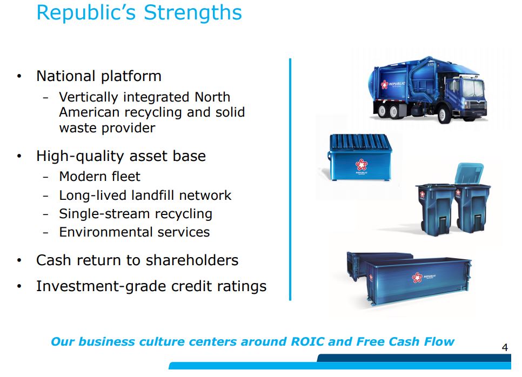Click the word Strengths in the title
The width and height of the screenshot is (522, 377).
[193, 14]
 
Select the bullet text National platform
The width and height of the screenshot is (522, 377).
[99, 76]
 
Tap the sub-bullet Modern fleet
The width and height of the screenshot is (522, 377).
[99, 177]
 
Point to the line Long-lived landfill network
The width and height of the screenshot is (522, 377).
[145, 196]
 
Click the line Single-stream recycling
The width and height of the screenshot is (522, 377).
[136, 214]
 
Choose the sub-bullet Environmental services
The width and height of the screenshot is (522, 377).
[135, 232]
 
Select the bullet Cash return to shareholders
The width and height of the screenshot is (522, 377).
[137, 260]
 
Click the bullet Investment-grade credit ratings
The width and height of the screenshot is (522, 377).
[151, 286]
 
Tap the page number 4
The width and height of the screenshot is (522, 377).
[505, 348]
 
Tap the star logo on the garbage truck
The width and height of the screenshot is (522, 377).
[385, 84]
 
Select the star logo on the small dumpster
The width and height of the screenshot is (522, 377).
[361, 165]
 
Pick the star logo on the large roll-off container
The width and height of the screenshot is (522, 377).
[417, 277]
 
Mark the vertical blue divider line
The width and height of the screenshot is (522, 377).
[290, 180]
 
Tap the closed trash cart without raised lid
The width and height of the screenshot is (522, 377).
[435, 210]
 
